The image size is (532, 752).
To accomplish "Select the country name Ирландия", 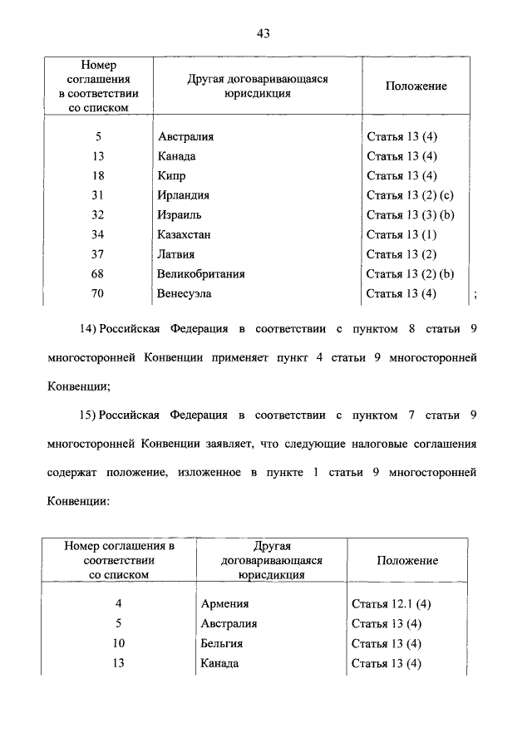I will [x=183, y=195].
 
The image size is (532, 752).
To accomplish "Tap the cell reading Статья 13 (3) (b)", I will [x=410, y=215].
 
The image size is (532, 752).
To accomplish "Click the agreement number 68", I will [x=99, y=273].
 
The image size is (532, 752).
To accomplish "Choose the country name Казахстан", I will [x=184, y=234].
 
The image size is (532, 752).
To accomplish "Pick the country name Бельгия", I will [x=222, y=643].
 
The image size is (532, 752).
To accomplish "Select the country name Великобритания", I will [x=200, y=273].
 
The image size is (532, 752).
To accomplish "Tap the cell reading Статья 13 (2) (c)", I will [x=410, y=195].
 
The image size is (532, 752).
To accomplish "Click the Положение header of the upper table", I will [x=416, y=86].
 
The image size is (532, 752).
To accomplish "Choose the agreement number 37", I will [x=99, y=254].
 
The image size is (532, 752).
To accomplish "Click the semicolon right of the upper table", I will [x=475, y=294].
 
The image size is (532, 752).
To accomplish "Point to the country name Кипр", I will [x=170, y=176].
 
